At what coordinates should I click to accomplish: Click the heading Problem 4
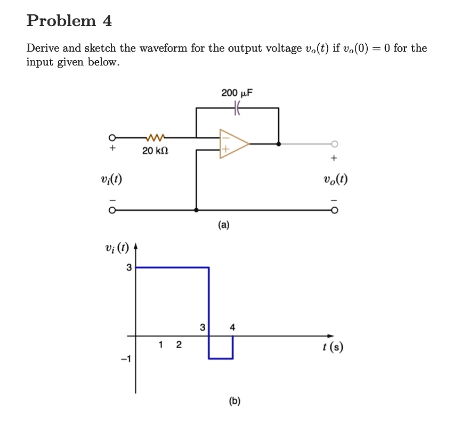coord(69,21)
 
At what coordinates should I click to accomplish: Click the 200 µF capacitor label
coord(237,93)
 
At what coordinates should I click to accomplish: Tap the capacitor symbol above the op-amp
coord(237,108)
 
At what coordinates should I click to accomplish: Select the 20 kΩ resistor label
coord(155,151)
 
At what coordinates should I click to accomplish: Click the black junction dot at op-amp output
coord(279,143)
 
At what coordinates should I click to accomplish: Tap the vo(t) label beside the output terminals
coord(335,179)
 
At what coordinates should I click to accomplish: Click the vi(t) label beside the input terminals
coord(111,179)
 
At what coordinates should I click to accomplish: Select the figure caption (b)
coord(234,401)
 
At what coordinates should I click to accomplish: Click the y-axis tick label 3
coord(128,267)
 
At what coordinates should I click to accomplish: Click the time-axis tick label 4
coord(232,327)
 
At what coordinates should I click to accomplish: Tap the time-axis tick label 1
coord(161,345)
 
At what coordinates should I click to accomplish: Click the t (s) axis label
coord(333,347)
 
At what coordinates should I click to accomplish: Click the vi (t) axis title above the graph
coord(117,247)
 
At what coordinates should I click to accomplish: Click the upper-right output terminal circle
coord(334,143)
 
